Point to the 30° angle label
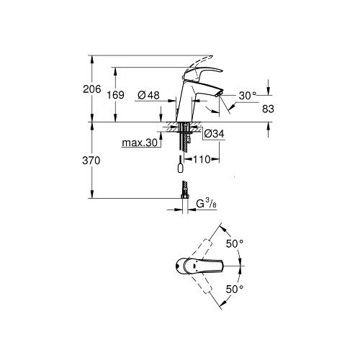247,95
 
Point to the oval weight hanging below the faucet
179,168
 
